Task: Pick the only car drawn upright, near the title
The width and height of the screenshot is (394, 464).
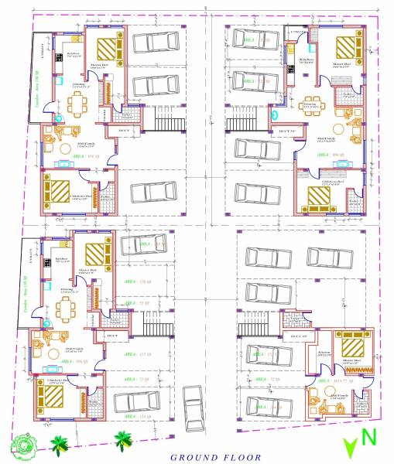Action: pyautogui.click(x=192, y=402)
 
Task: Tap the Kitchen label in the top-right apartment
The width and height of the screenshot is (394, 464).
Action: pyautogui.click(x=305, y=59)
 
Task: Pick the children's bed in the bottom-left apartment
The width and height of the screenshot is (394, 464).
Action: pyautogui.click(x=57, y=396)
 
